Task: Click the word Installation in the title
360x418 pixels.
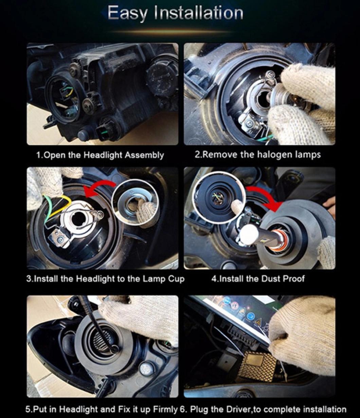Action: [198, 13]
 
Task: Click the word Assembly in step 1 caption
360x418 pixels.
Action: [144, 155]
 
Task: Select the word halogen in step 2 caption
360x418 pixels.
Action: [273, 155]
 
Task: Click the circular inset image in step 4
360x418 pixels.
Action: [219, 197]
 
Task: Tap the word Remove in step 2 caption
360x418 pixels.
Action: [219, 155]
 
